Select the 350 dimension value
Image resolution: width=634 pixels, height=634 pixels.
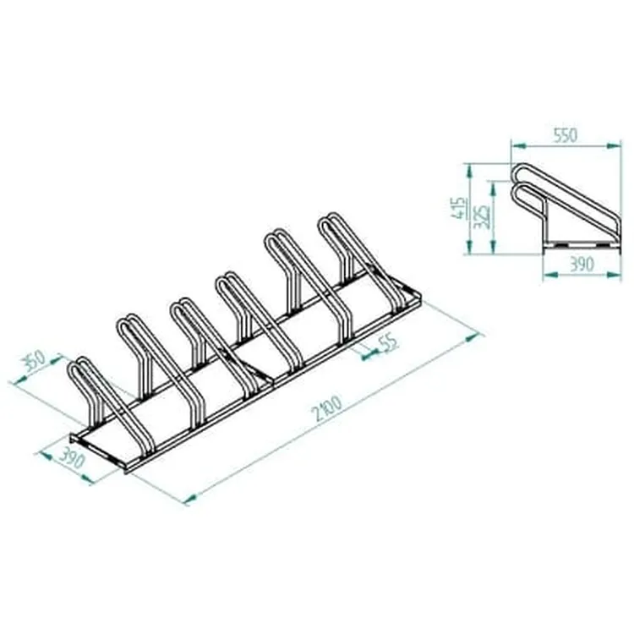(33, 361)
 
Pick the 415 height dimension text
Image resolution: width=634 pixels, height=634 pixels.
(457, 208)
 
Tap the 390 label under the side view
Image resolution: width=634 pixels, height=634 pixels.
(581, 265)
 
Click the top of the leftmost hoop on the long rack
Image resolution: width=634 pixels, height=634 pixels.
(79, 363)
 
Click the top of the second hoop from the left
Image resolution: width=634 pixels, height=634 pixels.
(128, 320)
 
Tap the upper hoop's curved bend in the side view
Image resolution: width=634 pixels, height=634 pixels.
(516, 172)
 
